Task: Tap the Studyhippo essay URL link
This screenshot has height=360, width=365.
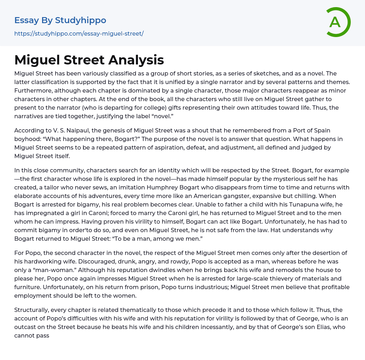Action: point(79,33)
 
